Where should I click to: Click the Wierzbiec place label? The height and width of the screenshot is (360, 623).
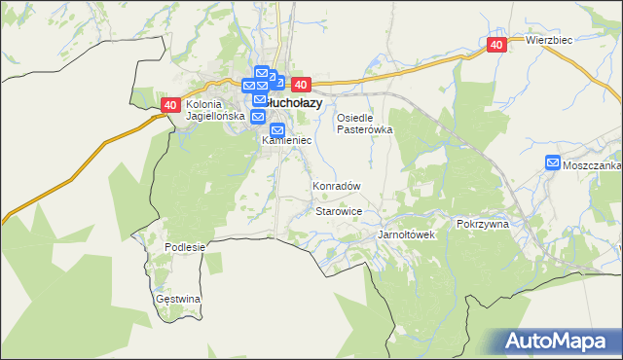[548, 40]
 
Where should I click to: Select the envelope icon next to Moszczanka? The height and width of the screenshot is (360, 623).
[553, 163]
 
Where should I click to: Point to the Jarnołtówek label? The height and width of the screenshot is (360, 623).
[406, 235]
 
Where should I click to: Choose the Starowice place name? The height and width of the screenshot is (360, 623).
[340, 211]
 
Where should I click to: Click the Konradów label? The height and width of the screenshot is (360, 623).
[337, 186]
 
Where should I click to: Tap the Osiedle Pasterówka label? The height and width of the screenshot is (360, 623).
[364, 124]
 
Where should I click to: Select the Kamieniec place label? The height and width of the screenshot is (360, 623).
[286, 141]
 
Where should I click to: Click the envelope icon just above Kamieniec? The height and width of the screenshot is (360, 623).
[277, 130]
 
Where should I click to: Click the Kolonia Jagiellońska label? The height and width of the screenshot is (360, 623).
[210, 110]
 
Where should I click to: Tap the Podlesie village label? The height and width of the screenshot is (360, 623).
[185, 247]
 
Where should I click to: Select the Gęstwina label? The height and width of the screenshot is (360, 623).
[178, 299]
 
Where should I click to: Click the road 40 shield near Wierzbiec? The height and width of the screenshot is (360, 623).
[496, 45]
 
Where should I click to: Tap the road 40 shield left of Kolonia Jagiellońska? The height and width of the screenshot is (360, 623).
[170, 104]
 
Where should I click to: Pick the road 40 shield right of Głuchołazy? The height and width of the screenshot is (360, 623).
[299, 85]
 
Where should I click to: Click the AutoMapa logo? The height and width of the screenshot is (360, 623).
[559, 342]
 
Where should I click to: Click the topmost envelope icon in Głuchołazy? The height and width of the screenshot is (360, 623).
[261, 72]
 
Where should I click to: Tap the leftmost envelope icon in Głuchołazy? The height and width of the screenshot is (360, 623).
[249, 86]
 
